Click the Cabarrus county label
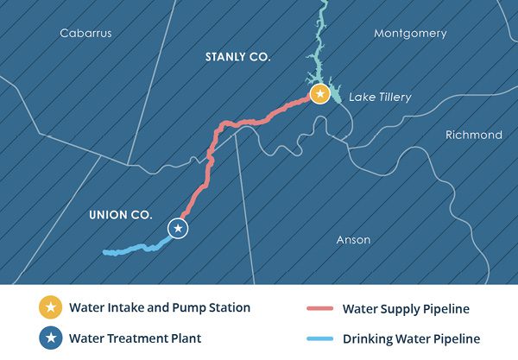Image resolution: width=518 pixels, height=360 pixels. pyautogui.click(x=85, y=34)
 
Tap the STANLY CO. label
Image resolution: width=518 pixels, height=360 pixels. pyautogui.click(x=237, y=57)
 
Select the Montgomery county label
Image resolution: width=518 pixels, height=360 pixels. pyautogui.click(x=410, y=34)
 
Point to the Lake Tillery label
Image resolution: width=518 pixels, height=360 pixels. pyautogui.click(x=381, y=97)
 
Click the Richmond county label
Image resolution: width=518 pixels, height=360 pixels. pyautogui.click(x=473, y=136)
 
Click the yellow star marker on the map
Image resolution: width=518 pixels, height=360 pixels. pyautogui.click(x=320, y=93)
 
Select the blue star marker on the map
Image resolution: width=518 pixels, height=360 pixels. pyautogui.click(x=178, y=229)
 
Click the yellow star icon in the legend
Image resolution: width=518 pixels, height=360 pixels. pyautogui.click(x=50, y=307)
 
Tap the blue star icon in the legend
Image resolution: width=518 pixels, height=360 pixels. pyautogui.click(x=50, y=338)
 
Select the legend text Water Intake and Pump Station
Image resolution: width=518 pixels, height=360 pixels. pyautogui.click(x=160, y=307)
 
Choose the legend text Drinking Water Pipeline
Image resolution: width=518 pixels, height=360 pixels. pyautogui.click(x=411, y=339)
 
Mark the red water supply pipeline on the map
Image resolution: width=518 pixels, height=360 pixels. pyautogui.click(x=207, y=164)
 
